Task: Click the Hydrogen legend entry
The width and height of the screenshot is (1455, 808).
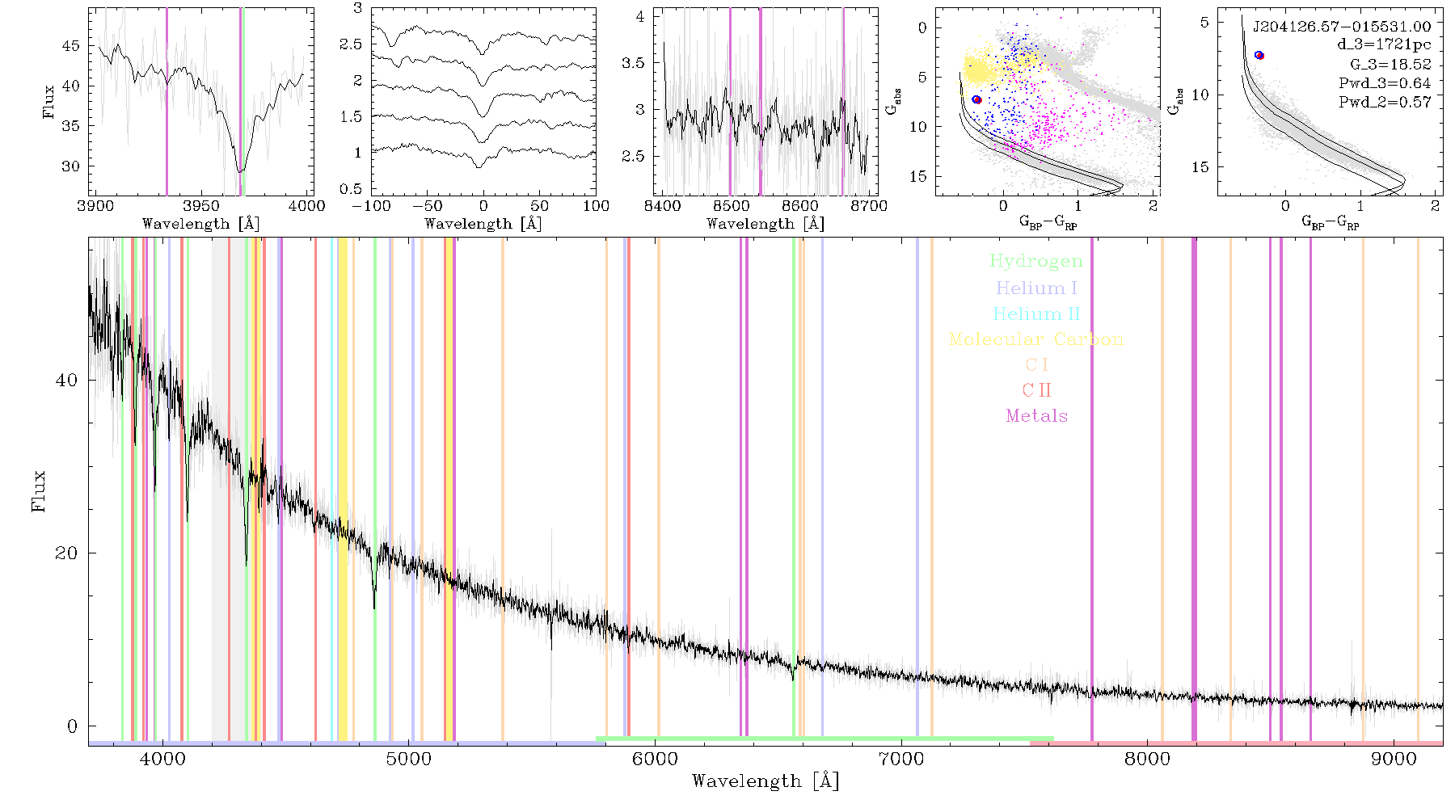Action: pyautogui.click(x=1035, y=261)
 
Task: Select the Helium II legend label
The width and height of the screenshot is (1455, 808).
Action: pyautogui.click(x=1036, y=314)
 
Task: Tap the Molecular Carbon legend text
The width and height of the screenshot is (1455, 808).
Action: pyautogui.click(x=1036, y=339)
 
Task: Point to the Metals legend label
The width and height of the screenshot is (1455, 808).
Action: pyautogui.click(x=1036, y=416)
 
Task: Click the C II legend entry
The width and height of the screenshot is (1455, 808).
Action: pyautogui.click(x=1036, y=390)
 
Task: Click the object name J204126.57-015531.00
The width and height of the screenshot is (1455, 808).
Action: pyautogui.click(x=1342, y=27)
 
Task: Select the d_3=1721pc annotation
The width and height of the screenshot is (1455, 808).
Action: pyautogui.click(x=1384, y=45)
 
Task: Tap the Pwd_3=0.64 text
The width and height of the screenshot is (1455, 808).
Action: pyautogui.click(x=1385, y=83)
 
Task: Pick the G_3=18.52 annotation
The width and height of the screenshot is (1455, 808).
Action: pyautogui.click(x=1390, y=65)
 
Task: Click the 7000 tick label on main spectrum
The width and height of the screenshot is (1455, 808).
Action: pyautogui.click(x=900, y=760)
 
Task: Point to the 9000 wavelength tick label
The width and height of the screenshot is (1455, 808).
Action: pyautogui.click(x=1393, y=760)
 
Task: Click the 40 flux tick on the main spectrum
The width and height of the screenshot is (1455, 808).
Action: pyautogui.click(x=67, y=380)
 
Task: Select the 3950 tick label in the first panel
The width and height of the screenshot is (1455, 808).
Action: pyautogui.click(x=201, y=205)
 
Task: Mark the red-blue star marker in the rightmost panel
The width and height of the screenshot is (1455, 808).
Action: pyautogui.click(x=1259, y=55)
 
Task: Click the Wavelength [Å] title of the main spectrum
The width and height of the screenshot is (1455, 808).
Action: pyautogui.click(x=765, y=781)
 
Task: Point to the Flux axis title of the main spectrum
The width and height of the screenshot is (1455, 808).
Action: pyautogui.click(x=39, y=490)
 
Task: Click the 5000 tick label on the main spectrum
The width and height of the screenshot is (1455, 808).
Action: pyautogui.click(x=408, y=760)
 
